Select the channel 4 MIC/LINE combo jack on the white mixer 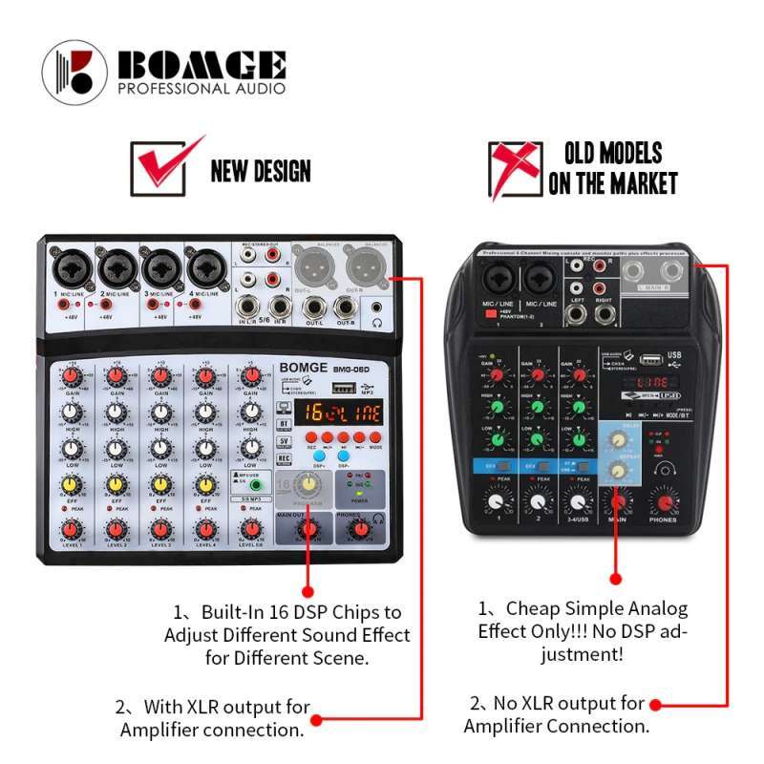click(204, 268)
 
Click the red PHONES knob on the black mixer click(662, 501)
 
